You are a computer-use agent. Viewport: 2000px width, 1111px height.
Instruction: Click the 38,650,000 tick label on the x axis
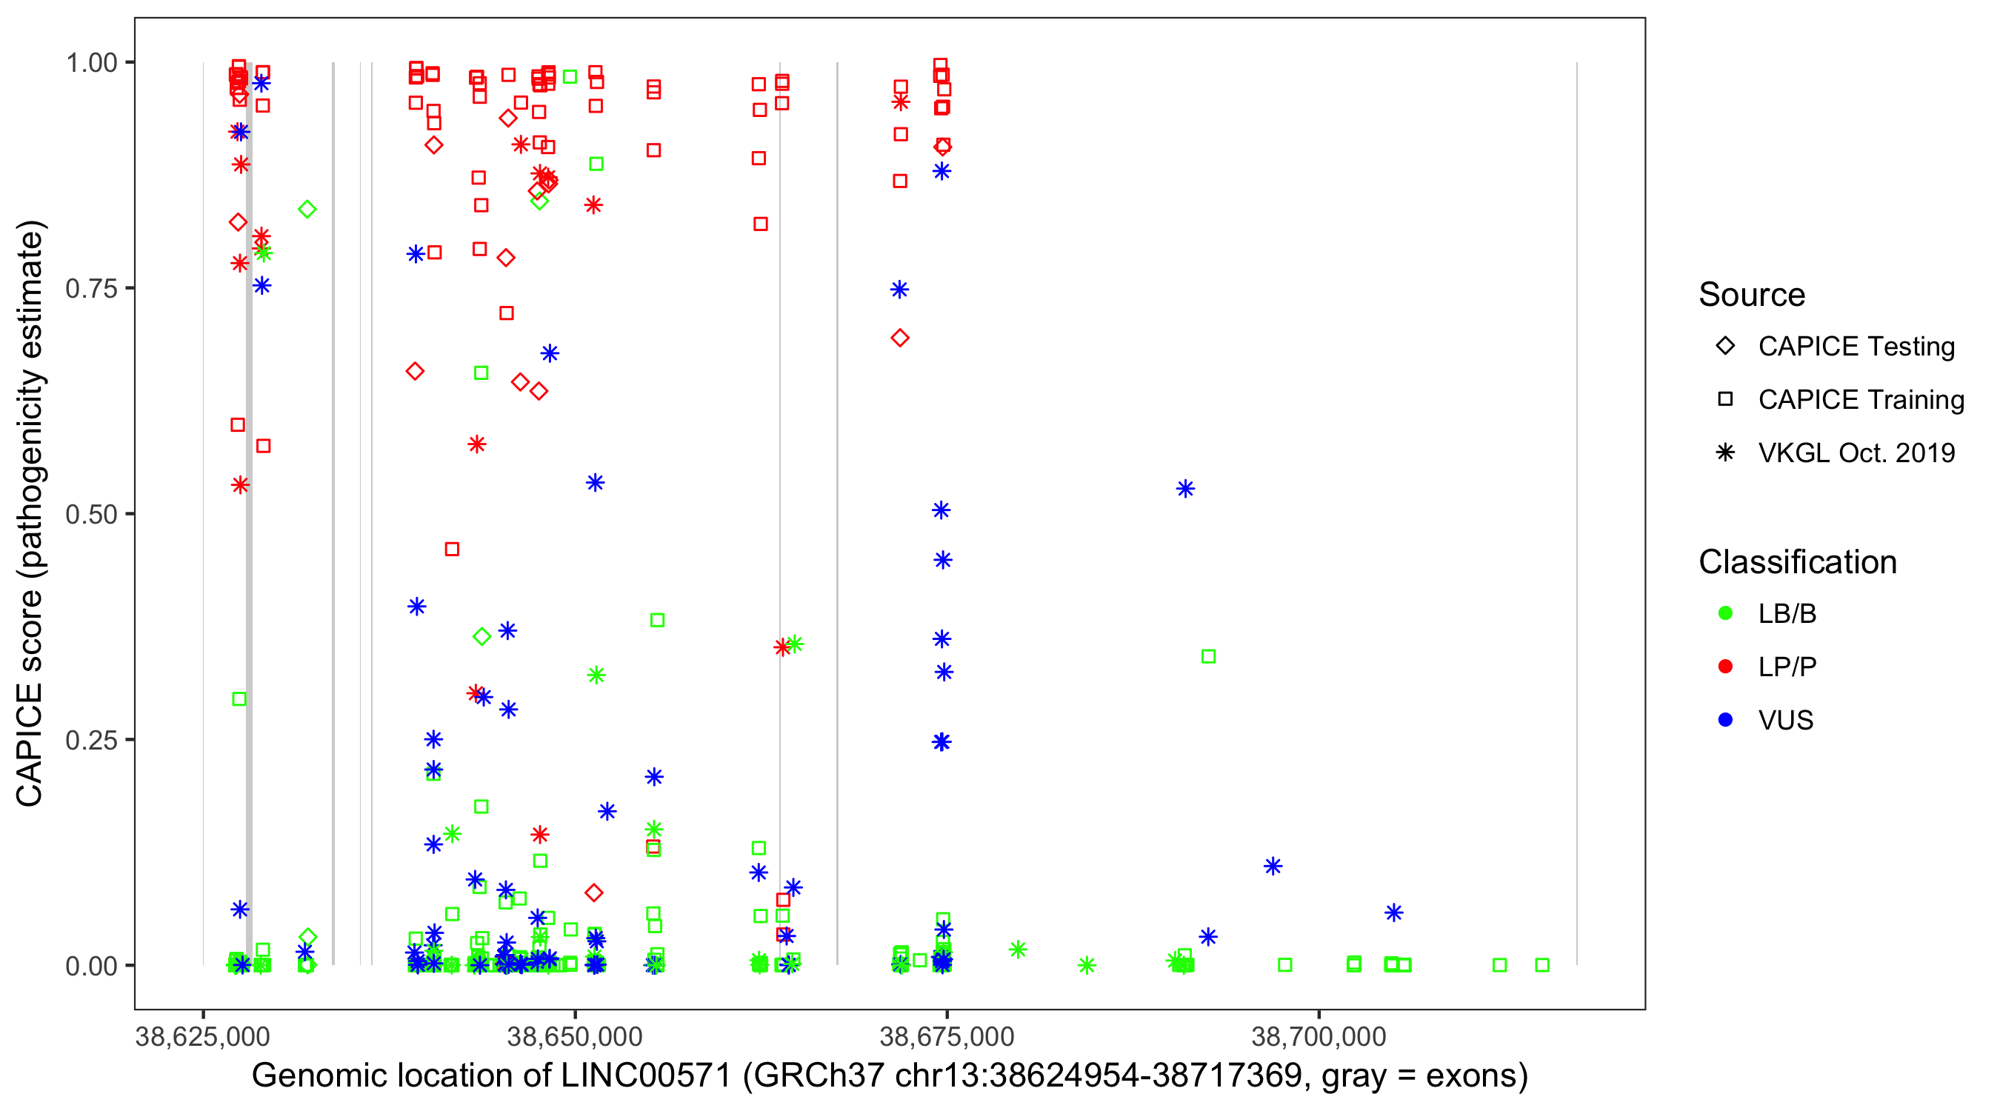pos(575,1036)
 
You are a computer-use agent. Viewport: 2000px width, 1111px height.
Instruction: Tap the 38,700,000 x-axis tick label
pos(1319,1036)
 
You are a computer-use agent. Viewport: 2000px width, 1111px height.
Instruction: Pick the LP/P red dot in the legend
pos(1725,667)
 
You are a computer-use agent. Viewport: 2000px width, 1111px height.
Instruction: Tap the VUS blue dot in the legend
pos(1725,721)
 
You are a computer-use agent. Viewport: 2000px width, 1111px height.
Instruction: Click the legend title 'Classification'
pos(1796,562)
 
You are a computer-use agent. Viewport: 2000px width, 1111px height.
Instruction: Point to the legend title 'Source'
pos(1752,295)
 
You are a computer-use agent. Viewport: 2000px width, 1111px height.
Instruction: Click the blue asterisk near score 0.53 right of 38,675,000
pos(1184,489)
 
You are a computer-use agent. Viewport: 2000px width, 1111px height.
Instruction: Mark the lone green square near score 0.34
pos(1208,657)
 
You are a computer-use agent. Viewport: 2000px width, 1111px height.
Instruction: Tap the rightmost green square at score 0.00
pos(1542,965)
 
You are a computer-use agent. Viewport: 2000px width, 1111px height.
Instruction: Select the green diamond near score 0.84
pos(307,210)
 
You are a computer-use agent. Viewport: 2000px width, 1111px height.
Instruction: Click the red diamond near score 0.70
pos(900,338)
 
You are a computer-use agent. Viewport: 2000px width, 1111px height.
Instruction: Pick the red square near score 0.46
pos(452,550)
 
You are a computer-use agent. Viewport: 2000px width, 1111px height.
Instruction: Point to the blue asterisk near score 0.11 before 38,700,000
pos(1273,867)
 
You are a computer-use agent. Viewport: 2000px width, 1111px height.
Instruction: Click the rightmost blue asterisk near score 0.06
pos(1393,913)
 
